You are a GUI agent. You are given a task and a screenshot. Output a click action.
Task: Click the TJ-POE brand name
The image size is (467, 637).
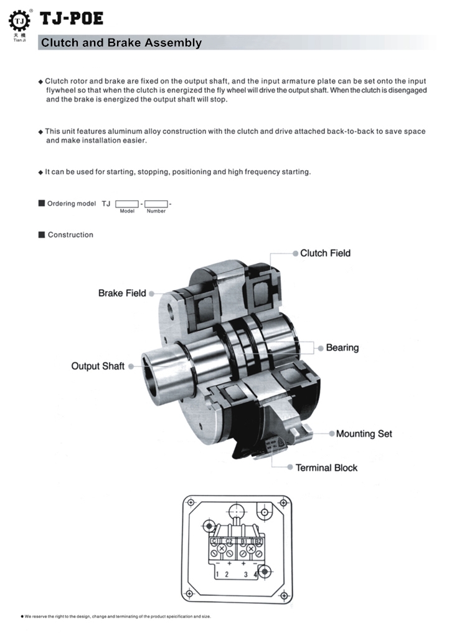(x=72, y=20)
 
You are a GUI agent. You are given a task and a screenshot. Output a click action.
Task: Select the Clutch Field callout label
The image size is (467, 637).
(x=325, y=253)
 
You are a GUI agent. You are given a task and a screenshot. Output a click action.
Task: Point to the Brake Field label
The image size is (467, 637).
(x=122, y=293)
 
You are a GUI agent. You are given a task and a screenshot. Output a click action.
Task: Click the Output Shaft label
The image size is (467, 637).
(x=98, y=366)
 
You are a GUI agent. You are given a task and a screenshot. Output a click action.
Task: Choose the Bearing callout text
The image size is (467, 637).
(x=342, y=347)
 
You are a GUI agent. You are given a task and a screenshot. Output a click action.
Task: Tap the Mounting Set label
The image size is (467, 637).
(x=364, y=433)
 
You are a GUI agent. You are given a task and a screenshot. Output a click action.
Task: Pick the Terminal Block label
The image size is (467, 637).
(x=326, y=467)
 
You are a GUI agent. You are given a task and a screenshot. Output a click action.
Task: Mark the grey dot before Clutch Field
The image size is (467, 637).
(x=295, y=253)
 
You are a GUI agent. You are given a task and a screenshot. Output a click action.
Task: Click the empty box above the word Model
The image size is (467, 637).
(x=127, y=204)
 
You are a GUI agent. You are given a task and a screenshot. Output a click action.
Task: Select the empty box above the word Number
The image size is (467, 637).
(x=156, y=204)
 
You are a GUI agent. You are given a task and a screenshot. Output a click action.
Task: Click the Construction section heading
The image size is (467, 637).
(x=70, y=235)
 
